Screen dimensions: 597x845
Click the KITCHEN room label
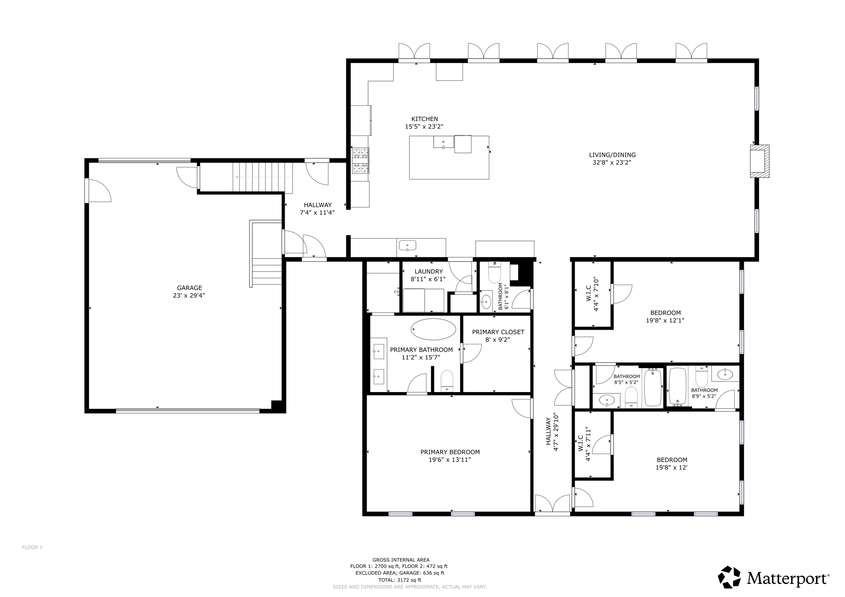[x=424, y=119]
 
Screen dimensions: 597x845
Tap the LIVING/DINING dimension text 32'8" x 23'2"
[x=612, y=162]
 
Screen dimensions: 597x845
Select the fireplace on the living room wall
[x=759, y=161]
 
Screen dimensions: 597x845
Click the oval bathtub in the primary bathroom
[x=433, y=329]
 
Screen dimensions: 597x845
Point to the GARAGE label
[x=189, y=288]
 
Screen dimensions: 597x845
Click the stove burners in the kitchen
[x=360, y=160]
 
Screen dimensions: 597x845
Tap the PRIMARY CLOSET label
[x=498, y=332]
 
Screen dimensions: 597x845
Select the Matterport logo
[x=774, y=578]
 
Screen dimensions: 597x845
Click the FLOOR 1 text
[x=32, y=548]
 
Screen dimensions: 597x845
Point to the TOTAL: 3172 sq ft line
[x=401, y=580]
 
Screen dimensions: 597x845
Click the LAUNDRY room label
[x=428, y=271]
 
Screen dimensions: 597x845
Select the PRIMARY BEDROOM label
[x=450, y=452]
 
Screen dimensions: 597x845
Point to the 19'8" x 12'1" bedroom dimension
[x=665, y=320]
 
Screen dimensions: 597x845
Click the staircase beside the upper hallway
[x=262, y=177]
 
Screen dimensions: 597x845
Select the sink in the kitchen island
[x=444, y=142]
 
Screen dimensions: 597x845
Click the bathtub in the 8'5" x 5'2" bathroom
[x=652, y=388]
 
